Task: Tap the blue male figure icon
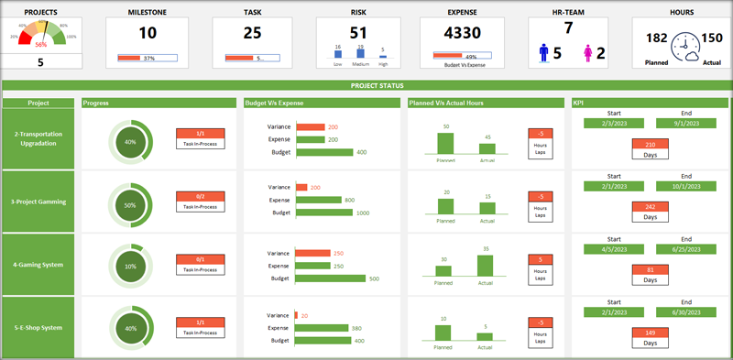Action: (544, 52)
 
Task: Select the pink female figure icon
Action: (586, 52)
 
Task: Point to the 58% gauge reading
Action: (40, 43)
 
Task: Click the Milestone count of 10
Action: (147, 33)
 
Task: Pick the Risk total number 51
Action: (359, 32)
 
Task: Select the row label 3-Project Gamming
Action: (38, 202)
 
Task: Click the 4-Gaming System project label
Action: (38, 265)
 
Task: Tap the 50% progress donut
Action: (130, 205)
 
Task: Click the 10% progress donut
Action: (130, 267)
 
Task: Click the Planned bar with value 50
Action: (445, 143)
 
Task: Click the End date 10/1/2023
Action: (686, 184)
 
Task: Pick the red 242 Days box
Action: (651, 207)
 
